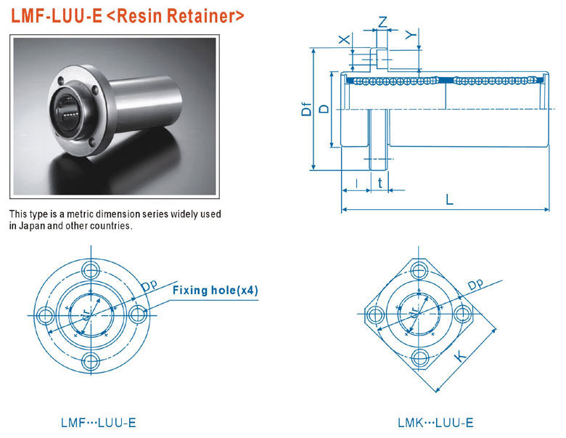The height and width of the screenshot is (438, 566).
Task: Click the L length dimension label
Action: tap(449, 199)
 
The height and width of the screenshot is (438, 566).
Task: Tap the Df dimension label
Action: tap(306, 109)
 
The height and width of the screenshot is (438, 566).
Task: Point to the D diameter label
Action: tap(325, 109)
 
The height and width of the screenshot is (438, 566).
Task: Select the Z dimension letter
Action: tap(382, 22)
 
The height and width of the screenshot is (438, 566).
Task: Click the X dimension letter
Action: tap(345, 38)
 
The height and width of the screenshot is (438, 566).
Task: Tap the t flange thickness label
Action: tap(380, 183)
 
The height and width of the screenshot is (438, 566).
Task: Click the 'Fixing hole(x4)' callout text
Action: tap(215, 291)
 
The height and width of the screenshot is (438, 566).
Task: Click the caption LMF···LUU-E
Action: tap(98, 423)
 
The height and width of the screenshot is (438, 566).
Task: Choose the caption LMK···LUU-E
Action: tap(435, 423)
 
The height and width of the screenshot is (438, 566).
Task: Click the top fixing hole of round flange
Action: tap(91, 269)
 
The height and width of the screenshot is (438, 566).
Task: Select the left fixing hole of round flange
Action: tap(45, 315)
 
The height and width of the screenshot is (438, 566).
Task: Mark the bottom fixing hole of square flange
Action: tap(420, 359)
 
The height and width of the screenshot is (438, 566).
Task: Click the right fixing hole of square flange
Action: tap(462, 313)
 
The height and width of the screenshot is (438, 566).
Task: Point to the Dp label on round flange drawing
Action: tap(149, 285)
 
